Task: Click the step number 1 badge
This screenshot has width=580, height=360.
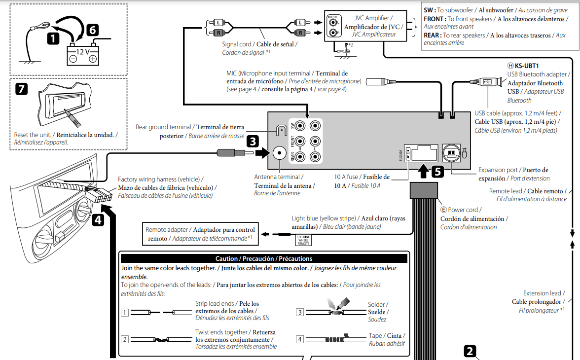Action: tap(54, 37)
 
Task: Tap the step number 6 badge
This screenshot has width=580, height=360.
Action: tap(92, 30)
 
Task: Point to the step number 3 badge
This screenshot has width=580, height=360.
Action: tap(253, 142)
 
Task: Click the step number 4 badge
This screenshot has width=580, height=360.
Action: tap(99, 219)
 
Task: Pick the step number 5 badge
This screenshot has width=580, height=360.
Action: tap(437, 172)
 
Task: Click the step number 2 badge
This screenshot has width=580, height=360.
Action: tap(471, 351)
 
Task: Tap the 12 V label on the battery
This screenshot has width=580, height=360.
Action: tap(82, 51)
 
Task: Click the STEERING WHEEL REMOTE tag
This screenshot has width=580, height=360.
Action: tap(303, 240)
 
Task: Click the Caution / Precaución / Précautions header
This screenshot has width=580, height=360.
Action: tap(264, 258)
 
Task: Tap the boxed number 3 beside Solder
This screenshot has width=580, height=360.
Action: tap(300, 312)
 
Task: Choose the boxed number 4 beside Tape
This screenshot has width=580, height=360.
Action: tap(300, 339)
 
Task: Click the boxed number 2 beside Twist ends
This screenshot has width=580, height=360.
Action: tap(125, 339)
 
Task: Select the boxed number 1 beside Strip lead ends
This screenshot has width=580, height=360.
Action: tap(125, 312)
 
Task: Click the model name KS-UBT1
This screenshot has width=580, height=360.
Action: tap(527, 66)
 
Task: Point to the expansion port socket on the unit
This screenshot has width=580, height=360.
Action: tap(452, 153)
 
